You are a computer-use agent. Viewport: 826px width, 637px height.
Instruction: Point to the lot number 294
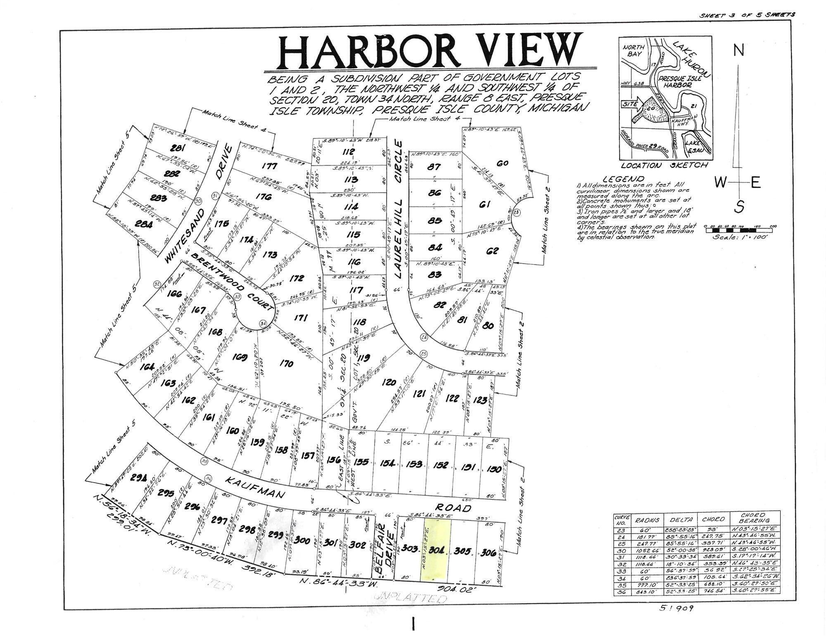click(x=136, y=477)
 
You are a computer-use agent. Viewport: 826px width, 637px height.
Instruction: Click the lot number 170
click(x=286, y=363)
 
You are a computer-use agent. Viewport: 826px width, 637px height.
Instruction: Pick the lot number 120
click(x=389, y=382)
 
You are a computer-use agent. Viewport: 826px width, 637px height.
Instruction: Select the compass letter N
click(x=738, y=50)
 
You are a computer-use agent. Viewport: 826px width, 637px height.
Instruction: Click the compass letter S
click(x=739, y=206)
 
